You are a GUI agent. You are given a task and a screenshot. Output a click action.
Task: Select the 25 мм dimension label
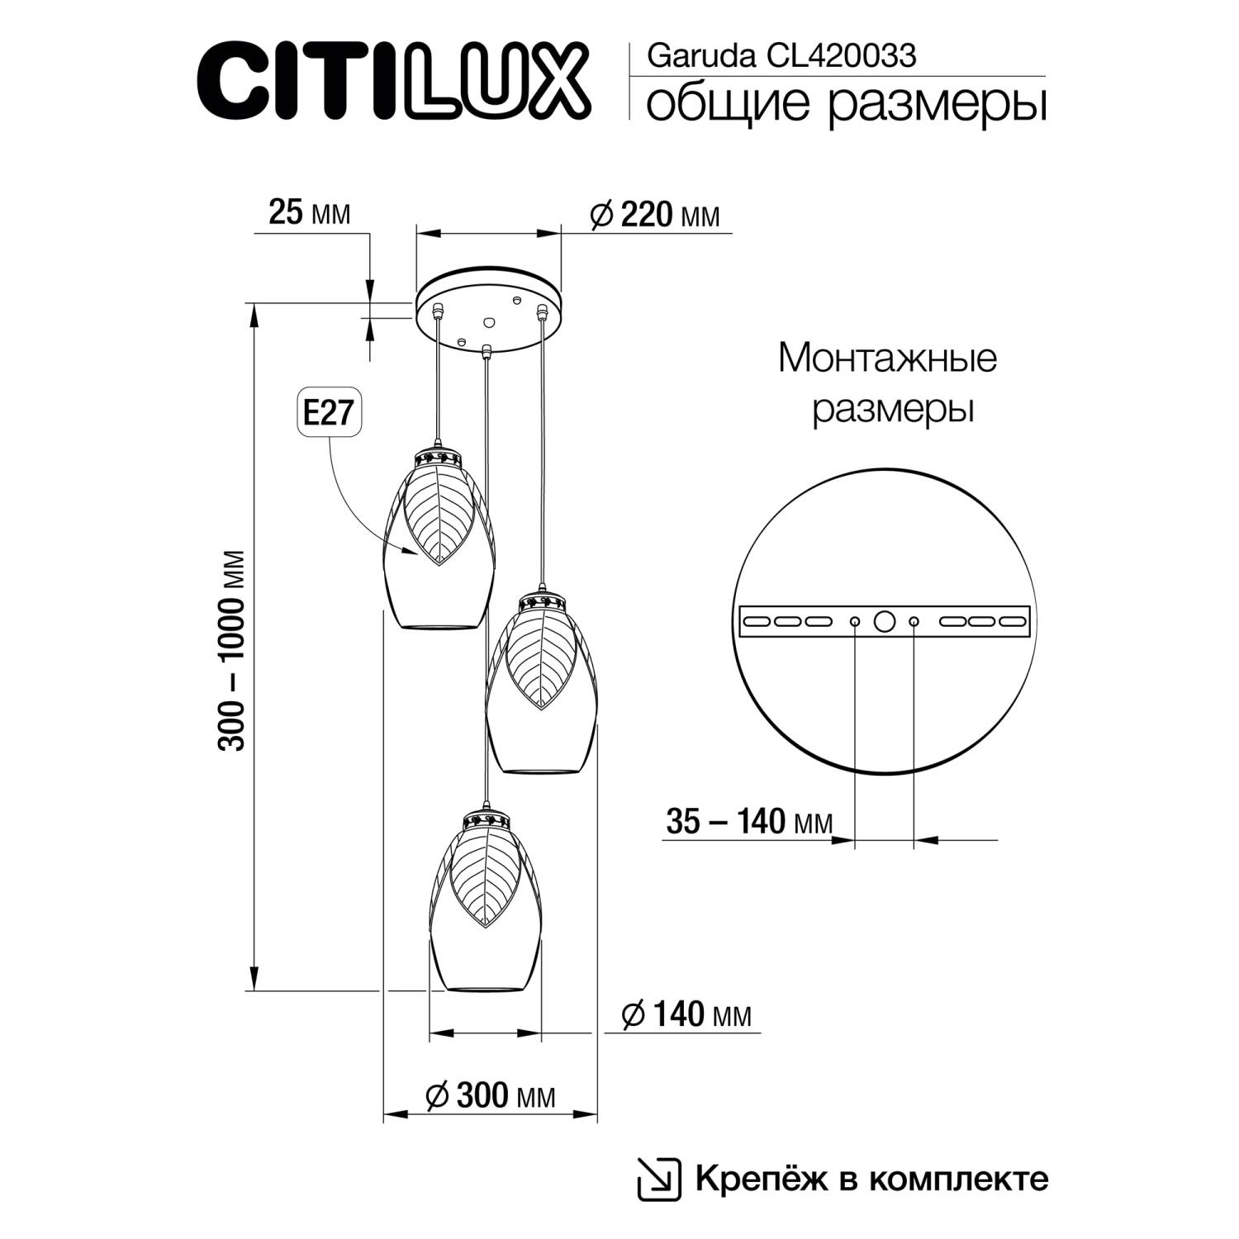[310, 213]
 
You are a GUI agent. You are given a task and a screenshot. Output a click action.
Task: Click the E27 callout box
[330, 414]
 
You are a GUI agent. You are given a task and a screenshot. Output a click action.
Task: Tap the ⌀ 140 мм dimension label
[686, 1014]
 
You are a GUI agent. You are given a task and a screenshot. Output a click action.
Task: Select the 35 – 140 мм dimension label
[748, 822]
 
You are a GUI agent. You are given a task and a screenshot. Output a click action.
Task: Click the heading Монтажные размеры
[888, 384]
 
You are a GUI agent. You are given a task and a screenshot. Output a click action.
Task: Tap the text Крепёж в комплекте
[871, 1178]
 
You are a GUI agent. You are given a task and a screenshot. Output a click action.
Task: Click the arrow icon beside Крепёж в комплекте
[658, 1179]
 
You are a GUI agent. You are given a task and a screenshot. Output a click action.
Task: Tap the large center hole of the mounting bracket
[884, 621]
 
